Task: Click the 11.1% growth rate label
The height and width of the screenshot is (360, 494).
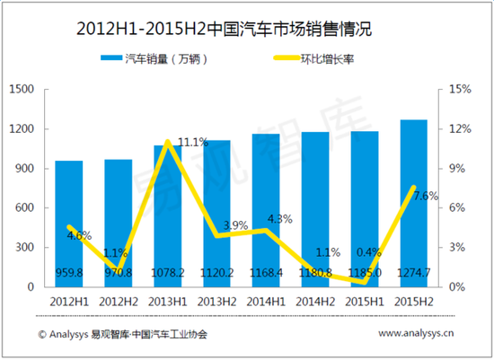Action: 192,142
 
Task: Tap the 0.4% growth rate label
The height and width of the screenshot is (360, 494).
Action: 368,251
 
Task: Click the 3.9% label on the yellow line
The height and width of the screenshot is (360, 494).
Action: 235,224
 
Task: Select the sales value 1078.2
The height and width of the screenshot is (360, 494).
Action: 167,271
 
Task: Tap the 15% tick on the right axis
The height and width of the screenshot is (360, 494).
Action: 459,90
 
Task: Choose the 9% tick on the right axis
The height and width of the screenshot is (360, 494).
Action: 456,169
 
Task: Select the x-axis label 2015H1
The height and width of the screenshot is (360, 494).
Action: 364,303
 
